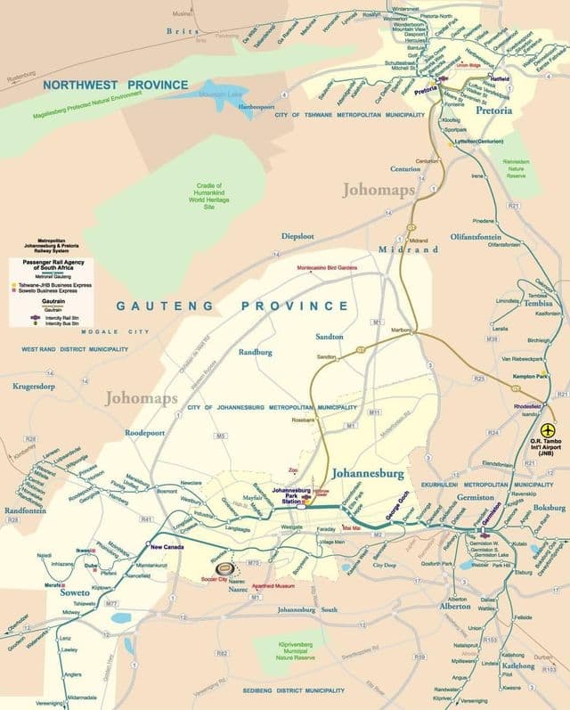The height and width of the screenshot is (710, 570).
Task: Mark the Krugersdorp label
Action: click(x=39, y=387)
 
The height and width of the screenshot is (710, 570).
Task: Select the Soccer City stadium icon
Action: click(x=227, y=566)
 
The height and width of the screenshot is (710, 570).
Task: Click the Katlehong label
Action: click(x=517, y=665)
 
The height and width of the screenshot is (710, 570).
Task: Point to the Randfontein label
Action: click(x=24, y=510)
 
